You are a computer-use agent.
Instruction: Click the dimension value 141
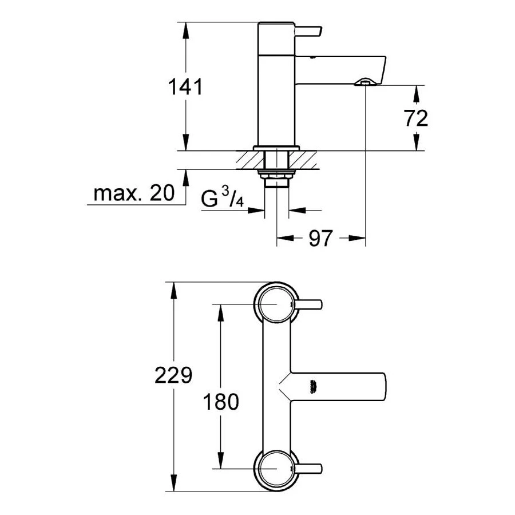[x=185, y=87]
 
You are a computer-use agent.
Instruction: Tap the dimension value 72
[x=416, y=118]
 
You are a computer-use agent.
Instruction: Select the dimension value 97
[x=320, y=238]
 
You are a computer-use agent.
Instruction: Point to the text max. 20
[x=134, y=193]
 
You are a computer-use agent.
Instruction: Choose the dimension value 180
[x=221, y=402]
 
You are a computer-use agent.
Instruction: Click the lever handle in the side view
[x=308, y=30]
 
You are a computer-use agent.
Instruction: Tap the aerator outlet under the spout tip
[x=364, y=82]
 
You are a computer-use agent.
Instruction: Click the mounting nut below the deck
[x=276, y=177]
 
